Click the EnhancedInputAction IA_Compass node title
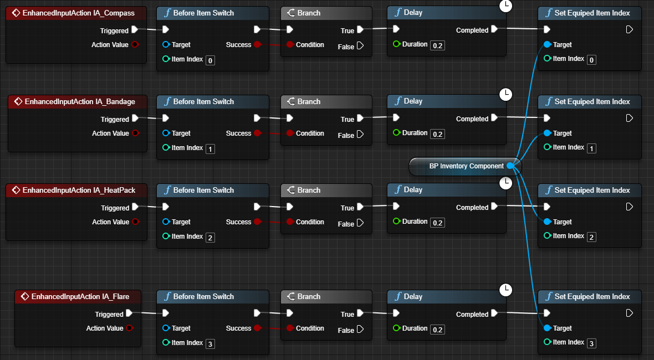pyautogui.click(x=78, y=13)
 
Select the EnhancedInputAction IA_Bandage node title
pyautogui.click(x=80, y=101)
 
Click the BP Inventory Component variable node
pyautogui.click(x=466, y=166)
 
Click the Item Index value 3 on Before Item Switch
pyautogui.click(x=210, y=343)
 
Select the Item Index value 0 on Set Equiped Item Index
pyautogui.click(x=592, y=59)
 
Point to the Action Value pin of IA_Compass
pyautogui.click(x=135, y=45)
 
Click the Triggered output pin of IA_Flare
pyautogui.click(x=135, y=314)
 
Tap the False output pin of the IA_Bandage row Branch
pyautogui.click(x=360, y=135)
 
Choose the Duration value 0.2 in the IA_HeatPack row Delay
pyautogui.click(x=437, y=222)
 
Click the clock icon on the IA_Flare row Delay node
pyautogui.click(x=505, y=289)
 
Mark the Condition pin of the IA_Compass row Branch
pyautogui.click(x=290, y=45)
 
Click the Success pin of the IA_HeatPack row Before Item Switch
pyautogui.click(x=257, y=222)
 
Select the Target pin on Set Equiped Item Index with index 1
pyautogui.click(x=547, y=133)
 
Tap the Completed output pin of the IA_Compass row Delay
pyautogui.click(x=494, y=30)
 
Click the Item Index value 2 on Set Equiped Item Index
pyautogui.click(x=592, y=236)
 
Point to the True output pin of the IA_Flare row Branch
pyautogui.click(x=360, y=314)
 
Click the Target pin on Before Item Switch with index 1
pyautogui.click(x=166, y=133)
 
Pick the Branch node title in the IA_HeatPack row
pyautogui.click(x=309, y=190)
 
